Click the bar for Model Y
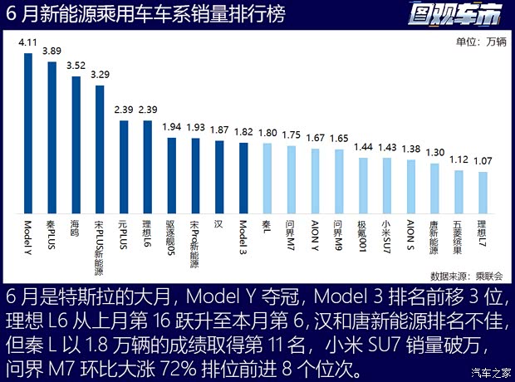click(27, 133)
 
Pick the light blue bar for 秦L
click(267, 177)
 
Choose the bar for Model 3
click(243, 177)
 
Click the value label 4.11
click(27, 41)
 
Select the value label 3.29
click(100, 75)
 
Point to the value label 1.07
click(483, 161)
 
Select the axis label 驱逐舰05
click(171, 238)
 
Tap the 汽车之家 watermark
click(488, 372)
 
